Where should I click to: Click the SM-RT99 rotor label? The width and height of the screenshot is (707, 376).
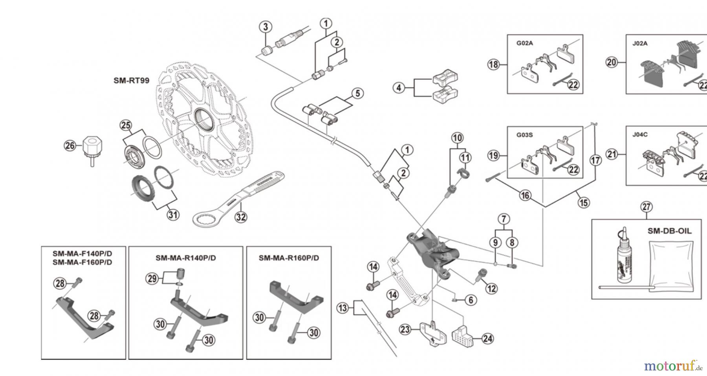(131, 81)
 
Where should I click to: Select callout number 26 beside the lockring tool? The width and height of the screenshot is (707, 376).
(70, 146)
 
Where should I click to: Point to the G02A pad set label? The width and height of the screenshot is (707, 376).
(524, 43)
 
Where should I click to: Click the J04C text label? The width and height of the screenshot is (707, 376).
(640, 134)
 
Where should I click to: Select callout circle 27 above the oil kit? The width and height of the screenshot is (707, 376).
(646, 206)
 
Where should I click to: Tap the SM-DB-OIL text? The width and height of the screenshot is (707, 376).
(669, 231)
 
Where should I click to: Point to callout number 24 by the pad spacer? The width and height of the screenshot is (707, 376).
(487, 339)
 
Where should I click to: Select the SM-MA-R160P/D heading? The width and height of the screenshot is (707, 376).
(289, 258)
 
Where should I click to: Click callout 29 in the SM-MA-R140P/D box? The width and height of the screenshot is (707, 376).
(152, 279)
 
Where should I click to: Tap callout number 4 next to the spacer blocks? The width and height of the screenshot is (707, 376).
(399, 87)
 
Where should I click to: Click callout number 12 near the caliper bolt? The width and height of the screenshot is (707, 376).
(491, 288)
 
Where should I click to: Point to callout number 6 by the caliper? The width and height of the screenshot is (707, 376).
(471, 300)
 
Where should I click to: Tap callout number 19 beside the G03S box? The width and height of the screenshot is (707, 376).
(494, 155)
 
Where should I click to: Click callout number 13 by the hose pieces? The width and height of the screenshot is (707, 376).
(343, 308)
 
